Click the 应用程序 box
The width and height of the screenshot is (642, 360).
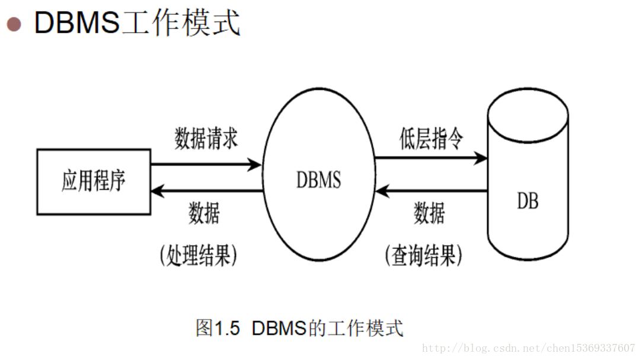tap(94, 181)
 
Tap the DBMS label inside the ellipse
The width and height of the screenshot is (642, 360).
tap(319, 180)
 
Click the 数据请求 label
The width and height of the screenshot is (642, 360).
tap(206, 139)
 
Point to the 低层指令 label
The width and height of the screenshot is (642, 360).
tap(431, 139)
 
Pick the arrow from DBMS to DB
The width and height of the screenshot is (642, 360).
tap(431, 158)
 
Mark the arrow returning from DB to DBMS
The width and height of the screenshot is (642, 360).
tap(431, 191)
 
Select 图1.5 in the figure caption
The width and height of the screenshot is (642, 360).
tap(218, 328)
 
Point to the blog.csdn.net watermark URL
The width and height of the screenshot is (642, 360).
tap(528, 348)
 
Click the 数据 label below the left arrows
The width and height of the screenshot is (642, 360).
tap(204, 213)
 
